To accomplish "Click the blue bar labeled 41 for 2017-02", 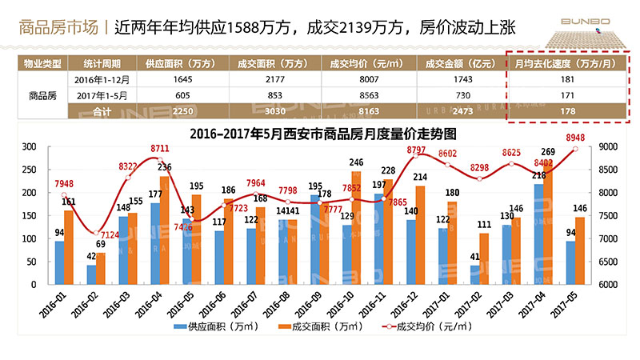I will click(x=475, y=274).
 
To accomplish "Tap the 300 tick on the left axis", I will click(x=30, y=147).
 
